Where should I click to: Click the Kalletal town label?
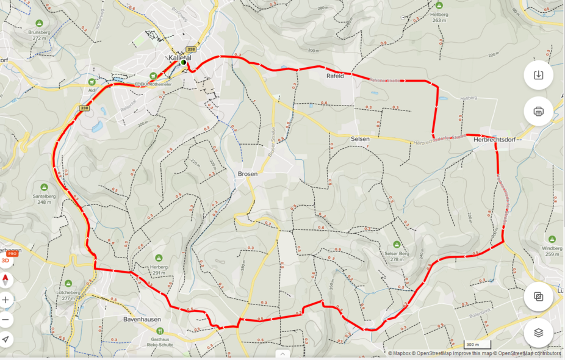pyautogui.click(x=179, y=57)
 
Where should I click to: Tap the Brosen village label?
pyautogui.click(x=247, y=174)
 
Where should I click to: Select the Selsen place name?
pyautogui.click(x=360, y=139)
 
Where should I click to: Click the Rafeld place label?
pyautogui.click(x=335, y=76)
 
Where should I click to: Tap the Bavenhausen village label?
pyautogui.click(x=141, y=319)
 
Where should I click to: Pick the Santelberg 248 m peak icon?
pyautogui.click(x=43, y=187)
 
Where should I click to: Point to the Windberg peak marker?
pyautogui.click(x=552, y=239)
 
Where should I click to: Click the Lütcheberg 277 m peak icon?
pyautogui.click(x=68, y=284)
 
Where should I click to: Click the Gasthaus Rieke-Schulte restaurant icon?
pyautogui.click(x=160, y=331)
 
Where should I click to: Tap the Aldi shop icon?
pyautogui.click(x=92, y=81)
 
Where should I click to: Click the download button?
pyautogui.click(x=538, y=75)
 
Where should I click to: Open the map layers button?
pyautogui.click(x=538, y=333)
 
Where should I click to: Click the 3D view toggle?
pyautogui.click(x=5, y=259)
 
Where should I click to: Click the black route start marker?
pyautogui.click(x=182, y=62)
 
